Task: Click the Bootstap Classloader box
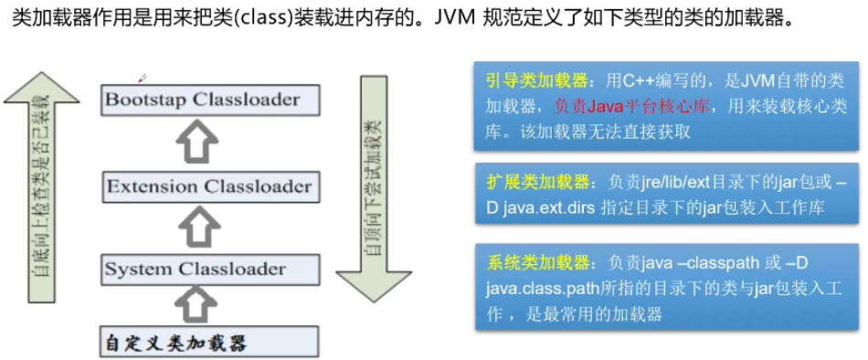pos(209,99)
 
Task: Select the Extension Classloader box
pos(209,187)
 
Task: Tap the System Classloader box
pos(209,269)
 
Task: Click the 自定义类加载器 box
pos(209,343)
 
